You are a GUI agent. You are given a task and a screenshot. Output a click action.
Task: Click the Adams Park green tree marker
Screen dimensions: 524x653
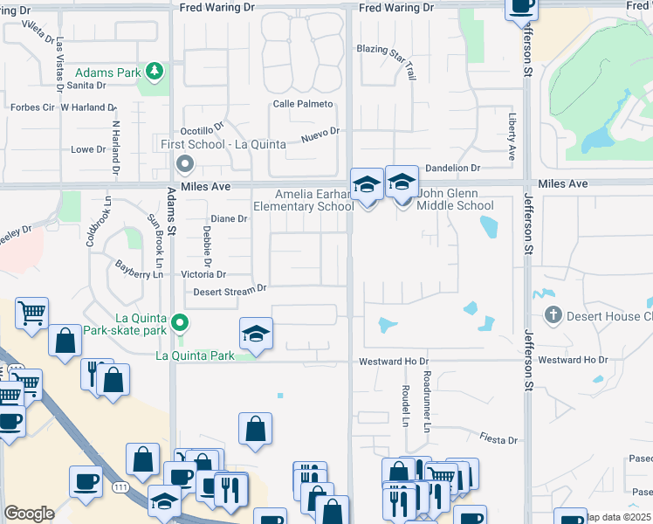pos(155,70)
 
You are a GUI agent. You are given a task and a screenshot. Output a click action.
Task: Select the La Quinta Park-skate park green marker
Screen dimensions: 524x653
pos(180,323)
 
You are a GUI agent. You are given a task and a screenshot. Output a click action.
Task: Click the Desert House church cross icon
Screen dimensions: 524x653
pos(552,315)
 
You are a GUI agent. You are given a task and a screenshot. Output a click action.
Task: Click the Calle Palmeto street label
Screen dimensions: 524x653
pos(303,104)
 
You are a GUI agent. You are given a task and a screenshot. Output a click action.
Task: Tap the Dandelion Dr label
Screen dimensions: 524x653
pos(452,168)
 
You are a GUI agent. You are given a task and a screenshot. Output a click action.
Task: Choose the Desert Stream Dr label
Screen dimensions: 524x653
pos(230,290)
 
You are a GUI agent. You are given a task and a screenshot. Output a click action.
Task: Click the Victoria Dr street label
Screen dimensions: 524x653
pos(203,274)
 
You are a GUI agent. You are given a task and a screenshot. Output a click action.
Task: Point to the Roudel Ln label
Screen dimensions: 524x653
pos(406,407)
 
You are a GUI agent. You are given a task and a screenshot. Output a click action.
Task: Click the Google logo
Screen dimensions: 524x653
pos(30,513)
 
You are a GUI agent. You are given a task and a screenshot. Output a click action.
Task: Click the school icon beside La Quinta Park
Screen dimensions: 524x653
pos(257,334)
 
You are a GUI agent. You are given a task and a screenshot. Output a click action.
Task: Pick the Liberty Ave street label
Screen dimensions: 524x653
pos(512,134)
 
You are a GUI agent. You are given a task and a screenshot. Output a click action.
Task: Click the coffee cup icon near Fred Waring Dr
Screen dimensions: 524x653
pos(522,7)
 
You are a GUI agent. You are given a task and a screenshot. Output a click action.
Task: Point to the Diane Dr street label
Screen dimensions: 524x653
pos(230,219)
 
